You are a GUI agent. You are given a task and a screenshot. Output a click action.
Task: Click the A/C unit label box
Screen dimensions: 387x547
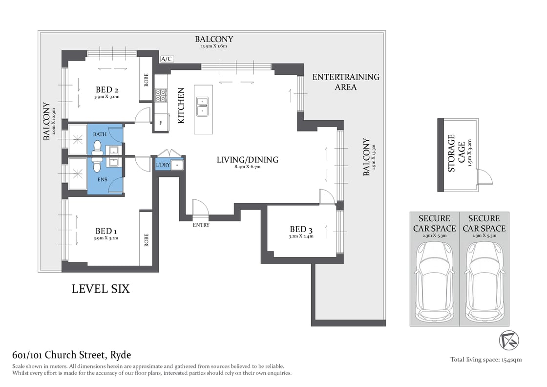(167, 59)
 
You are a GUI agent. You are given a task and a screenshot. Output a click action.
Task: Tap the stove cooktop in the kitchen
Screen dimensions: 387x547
(161, 95)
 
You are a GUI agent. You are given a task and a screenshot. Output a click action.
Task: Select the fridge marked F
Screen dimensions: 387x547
(161, 123)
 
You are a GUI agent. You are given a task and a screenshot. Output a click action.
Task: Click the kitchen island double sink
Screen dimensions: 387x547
(202, 106)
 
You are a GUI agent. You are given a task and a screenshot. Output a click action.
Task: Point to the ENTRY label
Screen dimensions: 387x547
(201, 225)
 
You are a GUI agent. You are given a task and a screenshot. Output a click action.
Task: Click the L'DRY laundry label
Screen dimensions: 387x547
(163, 165)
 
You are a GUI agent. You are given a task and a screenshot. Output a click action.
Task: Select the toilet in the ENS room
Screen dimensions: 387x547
(97, 166)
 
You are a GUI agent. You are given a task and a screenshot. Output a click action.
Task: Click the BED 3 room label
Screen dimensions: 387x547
(301, 229)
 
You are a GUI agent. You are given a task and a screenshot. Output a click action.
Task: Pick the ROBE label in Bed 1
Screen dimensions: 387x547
(146, 239)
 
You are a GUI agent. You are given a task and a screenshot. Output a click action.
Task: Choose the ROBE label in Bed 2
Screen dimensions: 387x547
(146, 80)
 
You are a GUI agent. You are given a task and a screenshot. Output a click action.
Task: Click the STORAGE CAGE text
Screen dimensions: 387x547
(451, 153)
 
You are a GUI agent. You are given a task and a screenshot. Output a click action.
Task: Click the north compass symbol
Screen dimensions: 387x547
(509, 340)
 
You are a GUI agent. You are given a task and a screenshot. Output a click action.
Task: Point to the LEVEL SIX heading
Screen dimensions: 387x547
(101, 289)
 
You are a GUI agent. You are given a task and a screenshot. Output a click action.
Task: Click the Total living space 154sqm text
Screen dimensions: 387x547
(485, 360)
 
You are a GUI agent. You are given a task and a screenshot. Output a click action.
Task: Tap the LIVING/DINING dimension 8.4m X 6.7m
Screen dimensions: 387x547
(247, 167)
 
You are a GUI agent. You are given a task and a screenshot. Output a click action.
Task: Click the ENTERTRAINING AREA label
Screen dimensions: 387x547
(345, 82)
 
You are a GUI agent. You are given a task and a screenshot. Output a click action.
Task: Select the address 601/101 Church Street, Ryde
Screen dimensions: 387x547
(71, 355)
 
